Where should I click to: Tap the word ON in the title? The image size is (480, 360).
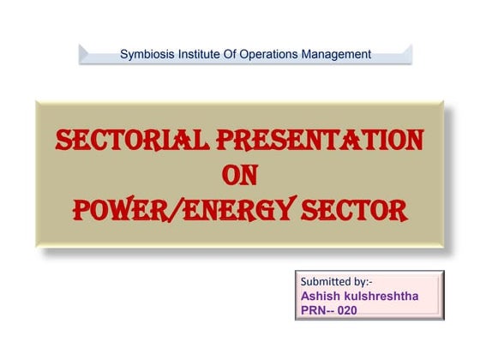(x=239, y=175)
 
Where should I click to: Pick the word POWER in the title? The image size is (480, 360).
(x=118, y=209)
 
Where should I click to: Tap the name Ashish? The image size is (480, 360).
(x=320, y=295)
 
